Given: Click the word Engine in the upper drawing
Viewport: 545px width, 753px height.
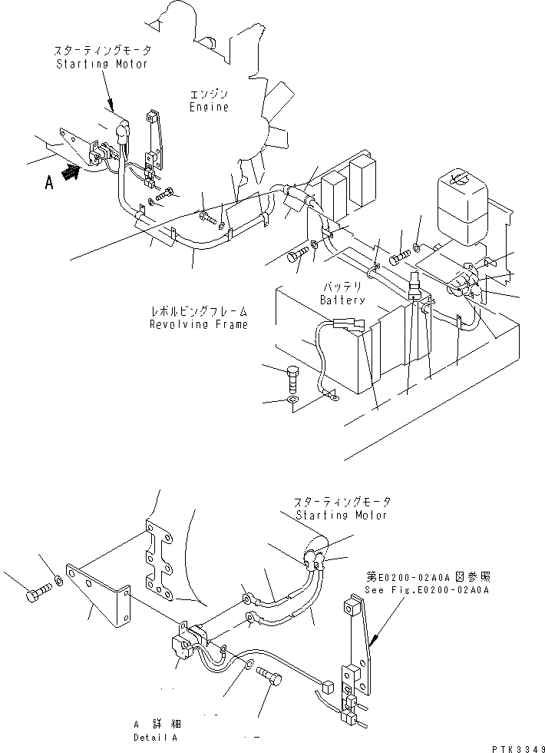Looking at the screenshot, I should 209,108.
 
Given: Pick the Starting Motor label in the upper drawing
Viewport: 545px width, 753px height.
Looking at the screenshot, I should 103,64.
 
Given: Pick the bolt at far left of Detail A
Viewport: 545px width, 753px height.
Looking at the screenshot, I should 36,595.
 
